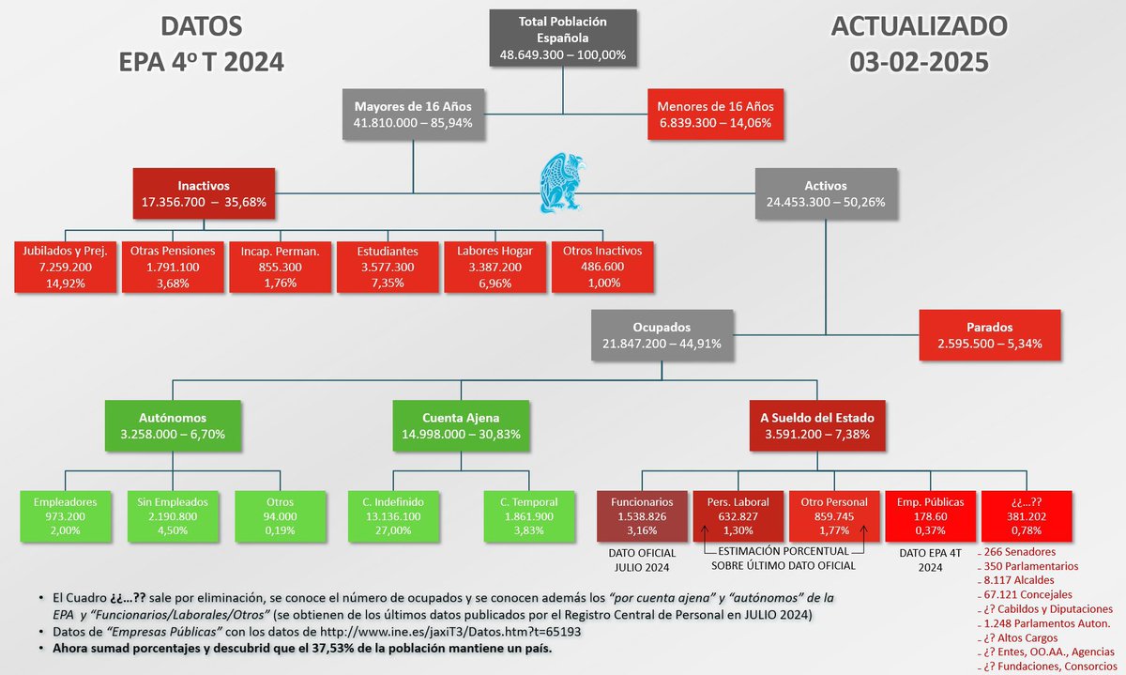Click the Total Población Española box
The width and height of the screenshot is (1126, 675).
point(563,38)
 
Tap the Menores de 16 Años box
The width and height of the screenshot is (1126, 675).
point(716,114)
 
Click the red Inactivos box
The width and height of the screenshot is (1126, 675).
point(204,194)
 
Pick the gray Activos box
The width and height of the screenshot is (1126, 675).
point(826,194)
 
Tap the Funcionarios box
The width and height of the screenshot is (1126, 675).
point(643,516)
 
